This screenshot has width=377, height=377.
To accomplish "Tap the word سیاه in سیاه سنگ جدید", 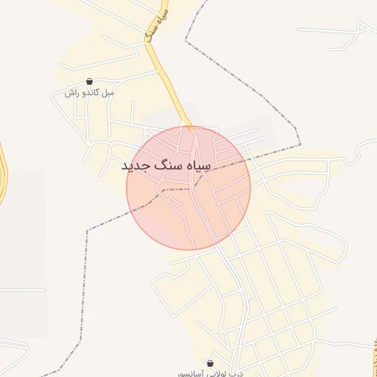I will (196, 166).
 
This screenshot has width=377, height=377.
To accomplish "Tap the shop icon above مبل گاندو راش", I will (89, 82).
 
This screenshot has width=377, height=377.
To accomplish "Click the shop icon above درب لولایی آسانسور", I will (211, 363).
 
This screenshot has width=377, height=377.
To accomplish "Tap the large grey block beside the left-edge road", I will (22, 228).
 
